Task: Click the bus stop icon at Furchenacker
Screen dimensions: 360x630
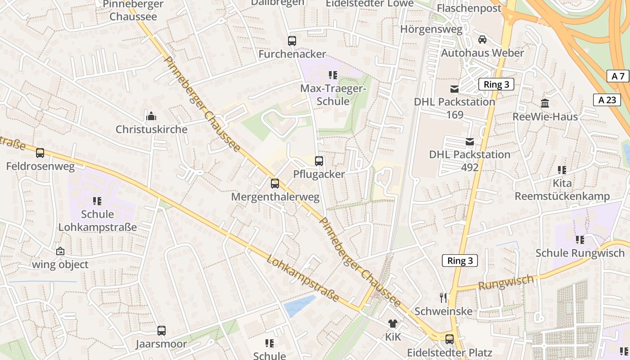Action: (292, 41)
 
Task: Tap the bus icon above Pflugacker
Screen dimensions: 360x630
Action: (319, 161)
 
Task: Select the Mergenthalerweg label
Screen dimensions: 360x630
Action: (275, 197)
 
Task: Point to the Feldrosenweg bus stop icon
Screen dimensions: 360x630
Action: (40, 153)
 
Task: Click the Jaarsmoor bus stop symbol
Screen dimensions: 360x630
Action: (162, 331)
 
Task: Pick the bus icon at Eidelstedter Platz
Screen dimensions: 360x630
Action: (449, 339)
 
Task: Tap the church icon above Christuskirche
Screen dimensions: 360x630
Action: (151, 117)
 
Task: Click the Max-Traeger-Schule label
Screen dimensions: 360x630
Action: (333, 95)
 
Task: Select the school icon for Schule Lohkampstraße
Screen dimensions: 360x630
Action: (97, 201)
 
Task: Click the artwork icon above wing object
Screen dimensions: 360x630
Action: (60, 252)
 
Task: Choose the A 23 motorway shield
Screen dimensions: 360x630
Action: (607, 100)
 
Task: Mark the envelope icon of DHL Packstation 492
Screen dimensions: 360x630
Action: (470, 142)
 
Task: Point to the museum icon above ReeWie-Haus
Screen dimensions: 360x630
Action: (545, 103)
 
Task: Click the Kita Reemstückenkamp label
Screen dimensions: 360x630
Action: (562, 190)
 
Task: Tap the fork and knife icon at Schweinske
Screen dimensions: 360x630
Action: (443, 298)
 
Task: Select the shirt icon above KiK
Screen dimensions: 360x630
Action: (393, 324)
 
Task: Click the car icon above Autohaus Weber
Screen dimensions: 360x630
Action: (482, 40)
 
